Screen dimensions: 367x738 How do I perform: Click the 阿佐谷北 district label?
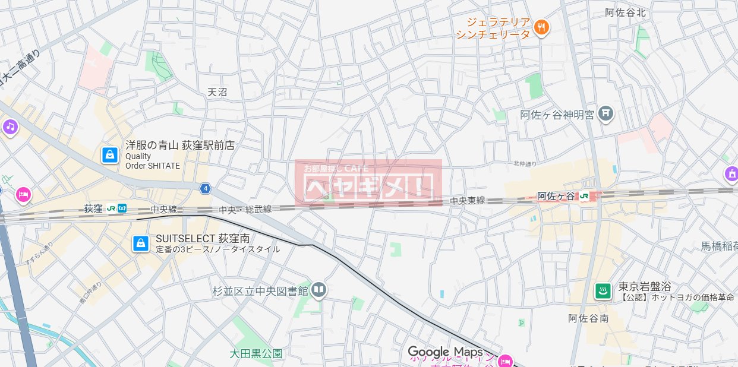625,11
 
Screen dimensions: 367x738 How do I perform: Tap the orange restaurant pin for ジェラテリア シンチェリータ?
541,27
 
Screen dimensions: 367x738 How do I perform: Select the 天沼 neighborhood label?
217,92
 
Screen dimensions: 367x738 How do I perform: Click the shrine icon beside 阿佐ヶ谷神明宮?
605,112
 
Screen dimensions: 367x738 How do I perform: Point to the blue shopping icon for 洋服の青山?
109,155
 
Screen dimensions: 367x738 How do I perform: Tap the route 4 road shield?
205,188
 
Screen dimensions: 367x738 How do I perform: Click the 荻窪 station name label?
93,208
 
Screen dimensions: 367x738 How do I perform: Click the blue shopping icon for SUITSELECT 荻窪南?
141,243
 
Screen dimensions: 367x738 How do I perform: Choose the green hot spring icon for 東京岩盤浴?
603,291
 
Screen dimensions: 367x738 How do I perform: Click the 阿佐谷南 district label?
588,318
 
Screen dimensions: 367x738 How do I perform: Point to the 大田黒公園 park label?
256,354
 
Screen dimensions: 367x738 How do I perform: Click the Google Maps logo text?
444,352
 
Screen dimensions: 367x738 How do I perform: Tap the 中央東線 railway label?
467,201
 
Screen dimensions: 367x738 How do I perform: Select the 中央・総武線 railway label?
245,210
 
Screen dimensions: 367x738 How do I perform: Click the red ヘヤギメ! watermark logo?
368,182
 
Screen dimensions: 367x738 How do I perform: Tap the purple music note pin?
10,126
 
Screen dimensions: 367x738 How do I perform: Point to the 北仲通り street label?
525,163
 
